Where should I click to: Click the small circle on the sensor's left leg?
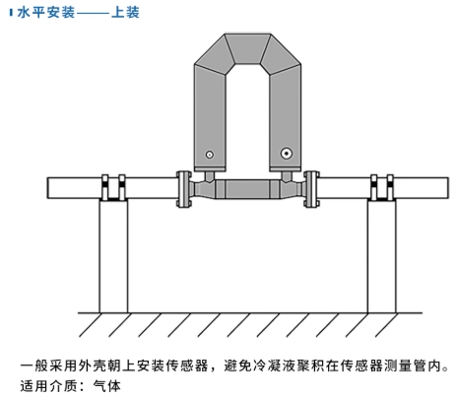coord(208,155)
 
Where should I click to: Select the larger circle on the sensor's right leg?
coord(286,154)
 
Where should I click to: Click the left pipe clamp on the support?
coord(112,186)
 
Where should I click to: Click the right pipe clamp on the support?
coord(380,186)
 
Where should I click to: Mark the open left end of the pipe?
coord(50,186)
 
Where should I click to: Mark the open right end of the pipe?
coord(442,186)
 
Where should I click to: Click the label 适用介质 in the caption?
coord(49,385)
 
